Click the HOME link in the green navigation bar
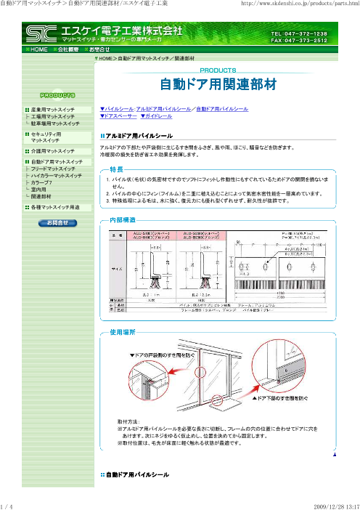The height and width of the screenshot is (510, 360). [38, 49]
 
